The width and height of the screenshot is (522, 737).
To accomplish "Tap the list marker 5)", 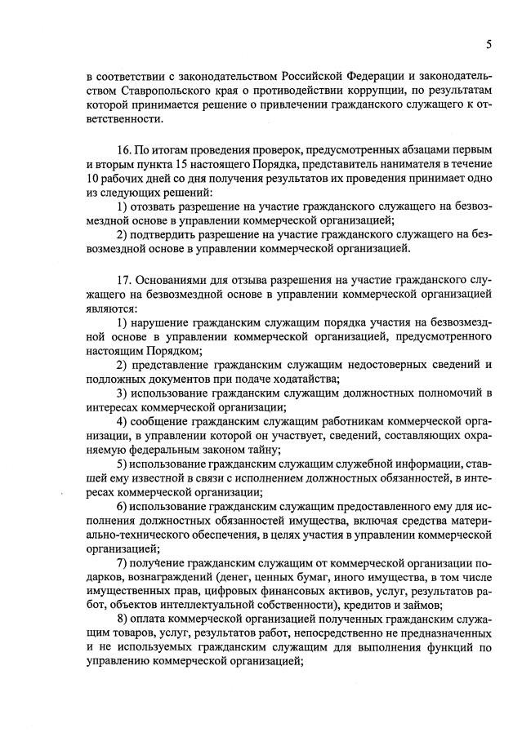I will click(121, 463).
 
